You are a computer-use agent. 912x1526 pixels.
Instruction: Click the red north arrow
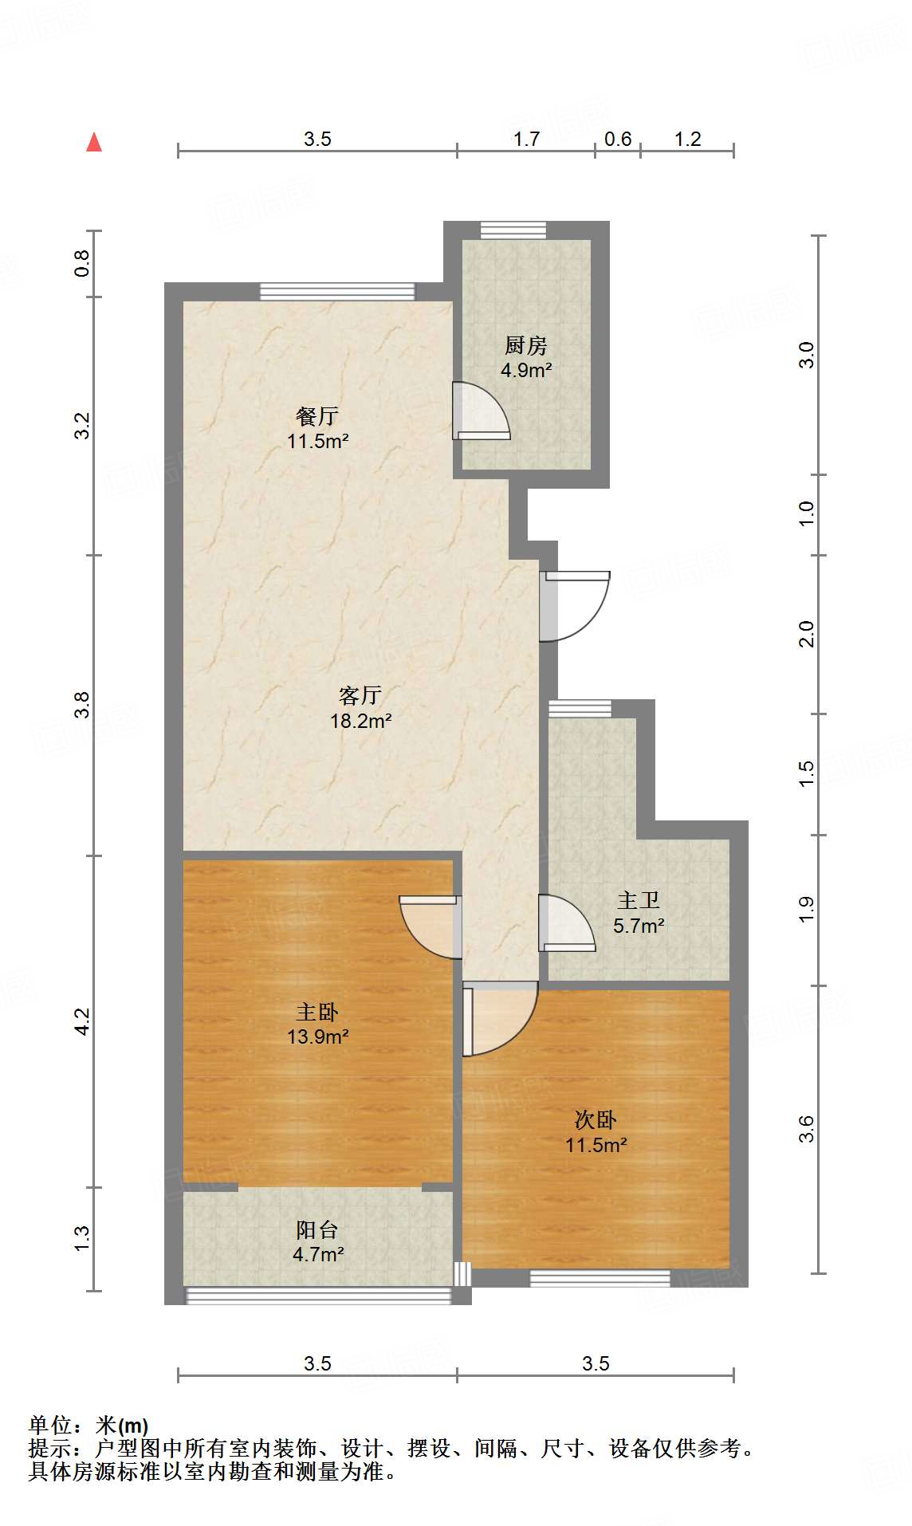(x=94, y=142)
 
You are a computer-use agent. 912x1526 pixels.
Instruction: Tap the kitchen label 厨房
(x=526, y=346)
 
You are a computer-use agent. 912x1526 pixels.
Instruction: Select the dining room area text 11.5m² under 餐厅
(x=318, y=441)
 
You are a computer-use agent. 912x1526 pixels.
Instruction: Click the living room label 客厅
(x=360, y=696)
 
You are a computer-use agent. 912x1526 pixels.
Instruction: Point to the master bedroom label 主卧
(x=317, y=1013)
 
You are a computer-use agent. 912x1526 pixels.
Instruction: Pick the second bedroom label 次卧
(x=596, y=1120)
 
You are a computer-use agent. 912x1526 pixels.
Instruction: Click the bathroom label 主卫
(x=639, y=901)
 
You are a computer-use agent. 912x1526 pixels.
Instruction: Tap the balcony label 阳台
(x=317, y=1230)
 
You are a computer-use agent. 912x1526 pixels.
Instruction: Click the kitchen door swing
(x=480, y=411)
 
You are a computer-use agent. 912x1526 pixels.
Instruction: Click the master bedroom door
(x=430, y=927)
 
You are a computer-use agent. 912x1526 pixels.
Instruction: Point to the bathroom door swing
(x=567, y=923)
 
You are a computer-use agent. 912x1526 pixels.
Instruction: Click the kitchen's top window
(x=513, y=230)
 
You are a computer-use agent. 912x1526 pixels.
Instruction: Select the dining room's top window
(x=337, y=291)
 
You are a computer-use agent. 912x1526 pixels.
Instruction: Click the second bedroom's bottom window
(x=600, y=1278)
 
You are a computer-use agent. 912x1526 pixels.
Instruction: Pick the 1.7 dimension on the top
(x=526, y=140)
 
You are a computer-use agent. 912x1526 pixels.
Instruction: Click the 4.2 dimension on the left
(x=83, y=1021)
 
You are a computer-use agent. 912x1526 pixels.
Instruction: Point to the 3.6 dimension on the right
(x=807, y=1129)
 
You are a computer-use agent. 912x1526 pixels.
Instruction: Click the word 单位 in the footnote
(x=50, y=1425)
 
